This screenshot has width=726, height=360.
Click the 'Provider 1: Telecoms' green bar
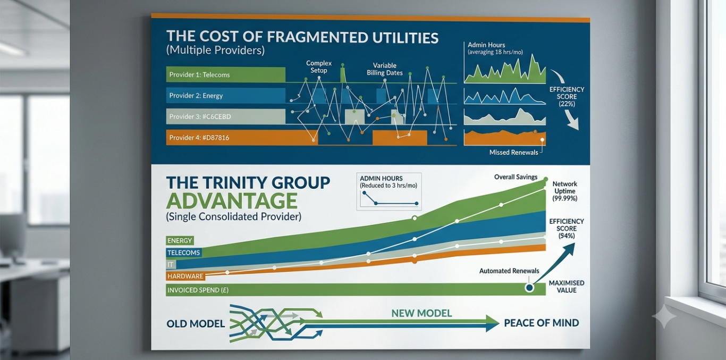225,74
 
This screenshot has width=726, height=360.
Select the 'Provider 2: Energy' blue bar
225,95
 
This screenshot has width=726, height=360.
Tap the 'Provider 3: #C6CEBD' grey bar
225,116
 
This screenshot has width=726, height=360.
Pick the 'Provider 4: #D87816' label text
199,138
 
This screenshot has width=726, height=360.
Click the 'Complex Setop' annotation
319,67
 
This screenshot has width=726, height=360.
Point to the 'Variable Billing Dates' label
385,69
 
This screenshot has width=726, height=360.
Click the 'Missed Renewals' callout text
514,153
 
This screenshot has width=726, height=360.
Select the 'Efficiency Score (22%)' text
567,97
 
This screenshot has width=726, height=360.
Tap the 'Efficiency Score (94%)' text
567,228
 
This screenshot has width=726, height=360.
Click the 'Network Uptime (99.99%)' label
565,191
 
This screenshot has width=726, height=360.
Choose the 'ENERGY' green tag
180,241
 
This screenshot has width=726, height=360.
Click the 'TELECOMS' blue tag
184,253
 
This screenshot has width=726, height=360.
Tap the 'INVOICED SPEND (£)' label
198,290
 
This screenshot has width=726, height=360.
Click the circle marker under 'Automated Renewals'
529,287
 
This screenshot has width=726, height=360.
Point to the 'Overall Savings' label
516,177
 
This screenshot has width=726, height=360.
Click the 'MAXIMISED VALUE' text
567,287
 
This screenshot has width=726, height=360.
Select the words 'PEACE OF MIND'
541,323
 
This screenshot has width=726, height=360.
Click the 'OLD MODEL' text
196,324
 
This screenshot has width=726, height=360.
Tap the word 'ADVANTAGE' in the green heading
231,201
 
